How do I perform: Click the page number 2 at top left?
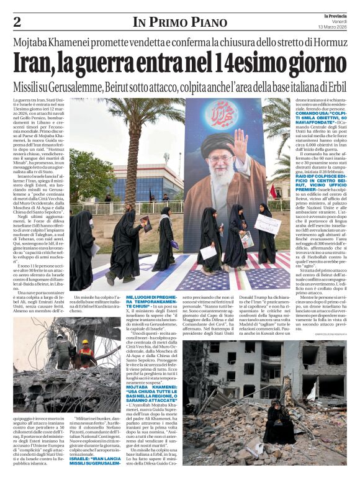point(17,22)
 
